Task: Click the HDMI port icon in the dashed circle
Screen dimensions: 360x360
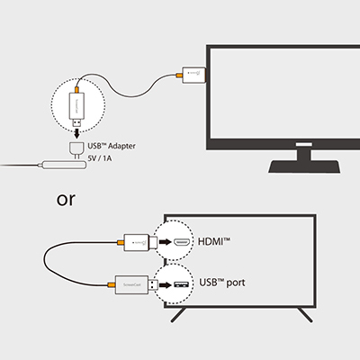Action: click(181, 243)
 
